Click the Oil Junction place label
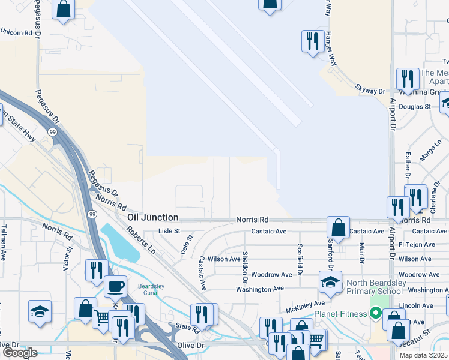point(152,217)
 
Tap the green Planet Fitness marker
point(376,313)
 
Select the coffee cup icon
point(115,286)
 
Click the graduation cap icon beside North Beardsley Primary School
point(330,283)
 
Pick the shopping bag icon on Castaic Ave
point(339,228)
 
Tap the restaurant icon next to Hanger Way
point(312,41)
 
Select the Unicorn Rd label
point(16,32)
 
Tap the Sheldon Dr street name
point(245,267)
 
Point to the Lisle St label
point(169,231)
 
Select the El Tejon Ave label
point(416,245)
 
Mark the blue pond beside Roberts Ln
point(121,243)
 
